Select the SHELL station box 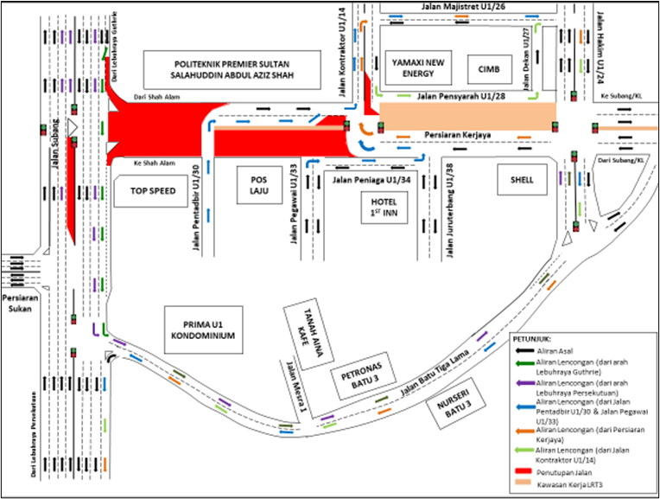pyautogui.click(x=523, y=180)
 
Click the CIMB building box pyautogui.click(x=478, y=69)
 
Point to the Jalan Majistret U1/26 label pyautogui.click(x=457, y=8)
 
